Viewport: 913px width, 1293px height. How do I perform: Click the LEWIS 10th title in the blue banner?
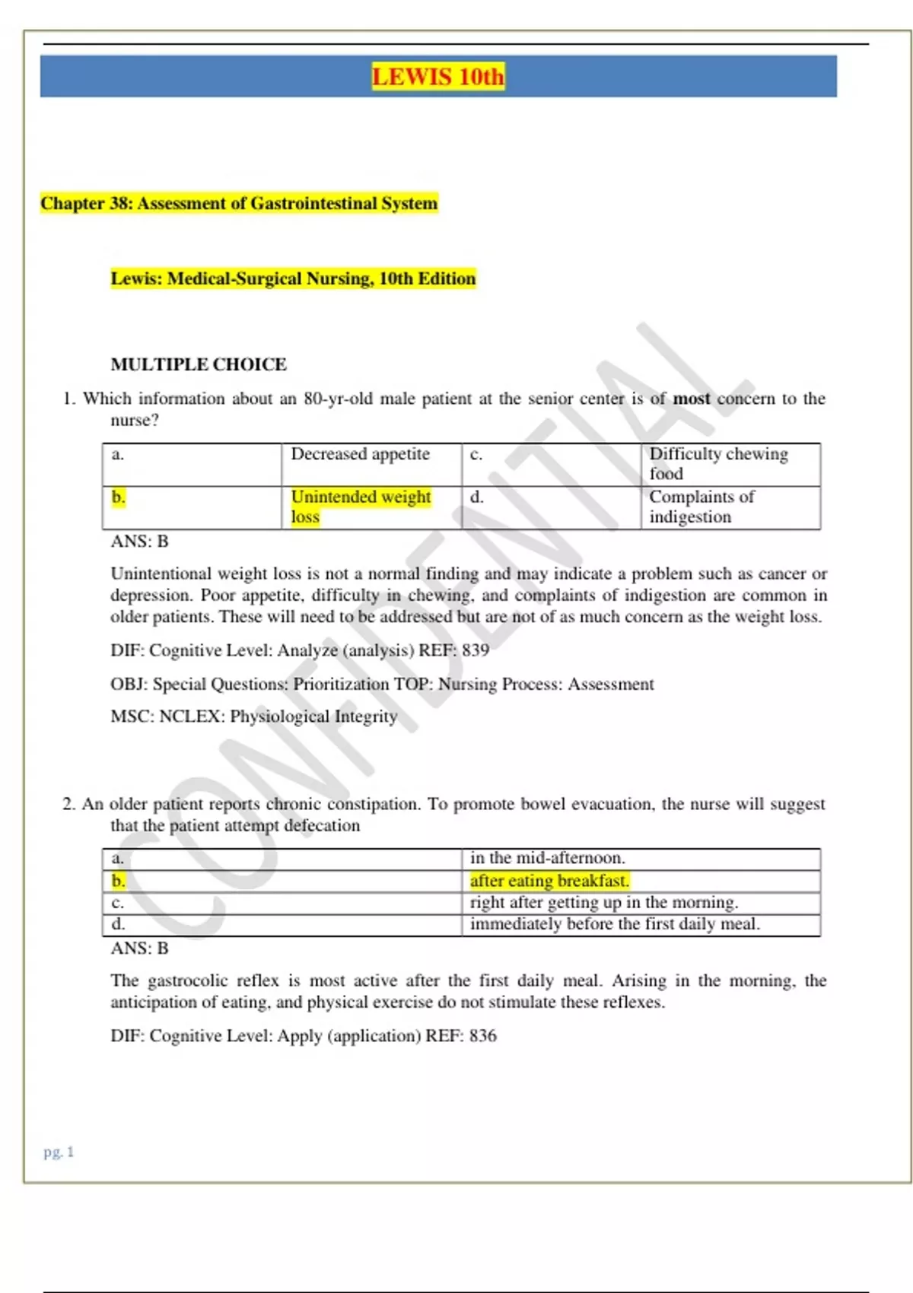pos(437,77)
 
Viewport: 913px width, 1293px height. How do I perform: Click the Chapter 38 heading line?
pos(239,203)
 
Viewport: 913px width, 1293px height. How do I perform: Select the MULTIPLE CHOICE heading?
pos(199,364)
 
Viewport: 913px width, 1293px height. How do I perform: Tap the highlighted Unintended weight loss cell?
pos(361,507)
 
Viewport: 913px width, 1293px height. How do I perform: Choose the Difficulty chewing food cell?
pos(718,463)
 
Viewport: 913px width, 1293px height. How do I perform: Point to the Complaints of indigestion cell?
pos(701,507)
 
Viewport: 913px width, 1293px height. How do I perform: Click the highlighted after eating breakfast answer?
pos(549,881)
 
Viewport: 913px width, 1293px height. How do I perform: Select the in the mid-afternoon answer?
pos(547,858)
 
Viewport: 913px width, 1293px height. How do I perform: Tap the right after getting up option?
pos(604,903)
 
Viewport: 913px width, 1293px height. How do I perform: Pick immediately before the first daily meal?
pos(615,924)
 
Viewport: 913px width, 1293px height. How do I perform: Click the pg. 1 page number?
pos(59,1152)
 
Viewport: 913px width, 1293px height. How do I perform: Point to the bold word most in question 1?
pos(691,399)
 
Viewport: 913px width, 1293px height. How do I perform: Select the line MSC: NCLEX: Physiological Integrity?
pos(254,716)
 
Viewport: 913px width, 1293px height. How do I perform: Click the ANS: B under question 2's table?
pos(139,948)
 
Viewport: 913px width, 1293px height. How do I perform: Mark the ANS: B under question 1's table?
pos(139,542)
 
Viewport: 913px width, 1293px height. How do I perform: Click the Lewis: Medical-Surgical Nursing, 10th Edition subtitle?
pos(293,278)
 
